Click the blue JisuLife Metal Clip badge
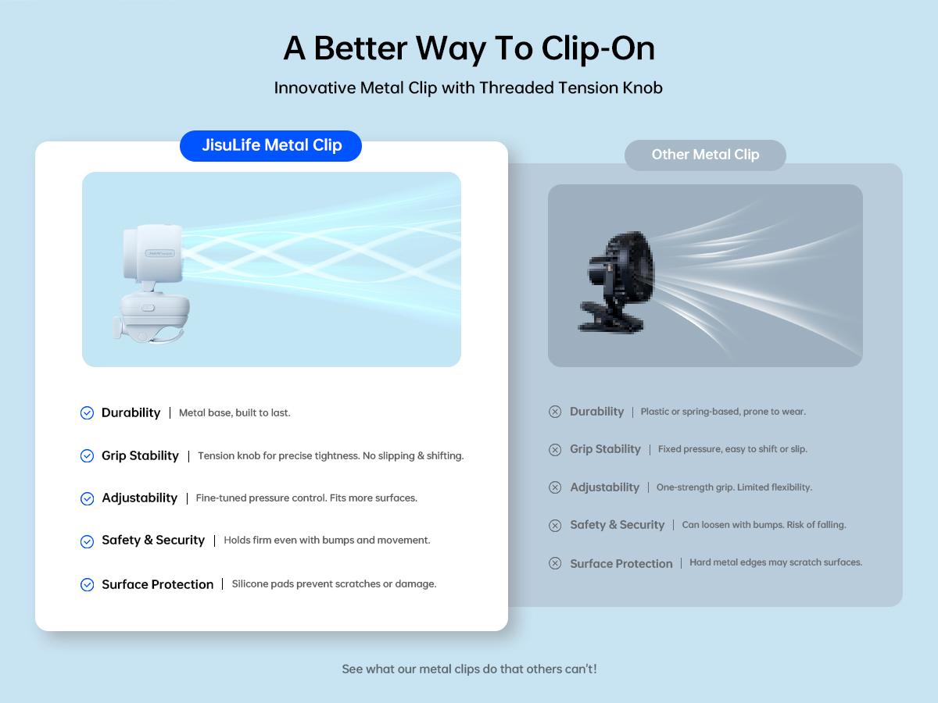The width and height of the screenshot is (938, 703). [x=270, y=146]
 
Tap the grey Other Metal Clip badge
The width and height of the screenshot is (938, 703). [x=705, y=155]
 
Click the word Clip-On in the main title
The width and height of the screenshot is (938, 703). [x=598, y=48]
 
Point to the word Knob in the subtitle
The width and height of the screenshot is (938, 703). [x=643, y=88]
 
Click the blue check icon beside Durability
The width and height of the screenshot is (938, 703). [x=88, y=412]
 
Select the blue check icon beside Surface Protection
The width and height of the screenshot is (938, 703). [x=88, y=584]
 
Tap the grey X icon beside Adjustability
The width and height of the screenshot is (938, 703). [x=555, y=487]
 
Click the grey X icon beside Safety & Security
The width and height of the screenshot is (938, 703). [x=555, y=525]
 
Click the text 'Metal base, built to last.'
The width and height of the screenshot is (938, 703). [x=234, y=412]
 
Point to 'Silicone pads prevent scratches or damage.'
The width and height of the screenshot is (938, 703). [x=335, y=584]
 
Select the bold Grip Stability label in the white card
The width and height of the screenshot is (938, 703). [x=140, y=456]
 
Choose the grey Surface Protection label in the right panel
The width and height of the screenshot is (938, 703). [x=621, y=563]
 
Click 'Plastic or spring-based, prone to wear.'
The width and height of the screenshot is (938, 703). [x=723, y=412]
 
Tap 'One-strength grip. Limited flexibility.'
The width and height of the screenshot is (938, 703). [x=734, y=487]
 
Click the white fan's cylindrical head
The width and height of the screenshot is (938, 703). [x=152, y=252]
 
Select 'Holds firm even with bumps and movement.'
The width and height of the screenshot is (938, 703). [x=327, y=541]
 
